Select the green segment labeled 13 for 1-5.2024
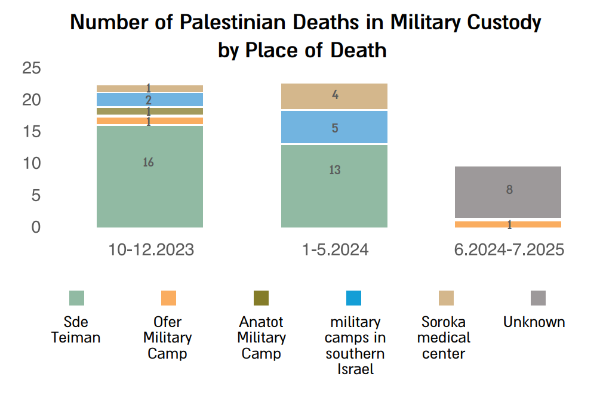[334, 186]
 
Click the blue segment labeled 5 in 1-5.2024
[334, 128]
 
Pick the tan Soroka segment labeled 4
[334, 96]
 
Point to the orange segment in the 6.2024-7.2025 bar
[509, 224]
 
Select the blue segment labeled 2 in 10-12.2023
[149, 100]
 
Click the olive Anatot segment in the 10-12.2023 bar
[149, 111]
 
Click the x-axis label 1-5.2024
[334, 249]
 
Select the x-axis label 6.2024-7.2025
[509, 249]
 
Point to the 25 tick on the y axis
[31, 68]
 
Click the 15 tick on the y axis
[31, 132]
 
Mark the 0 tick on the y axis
[36, 227]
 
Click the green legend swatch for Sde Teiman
[76, 298]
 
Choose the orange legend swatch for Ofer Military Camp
[168, 298]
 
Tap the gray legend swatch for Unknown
[538, 298]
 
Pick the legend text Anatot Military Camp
[261, 338]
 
